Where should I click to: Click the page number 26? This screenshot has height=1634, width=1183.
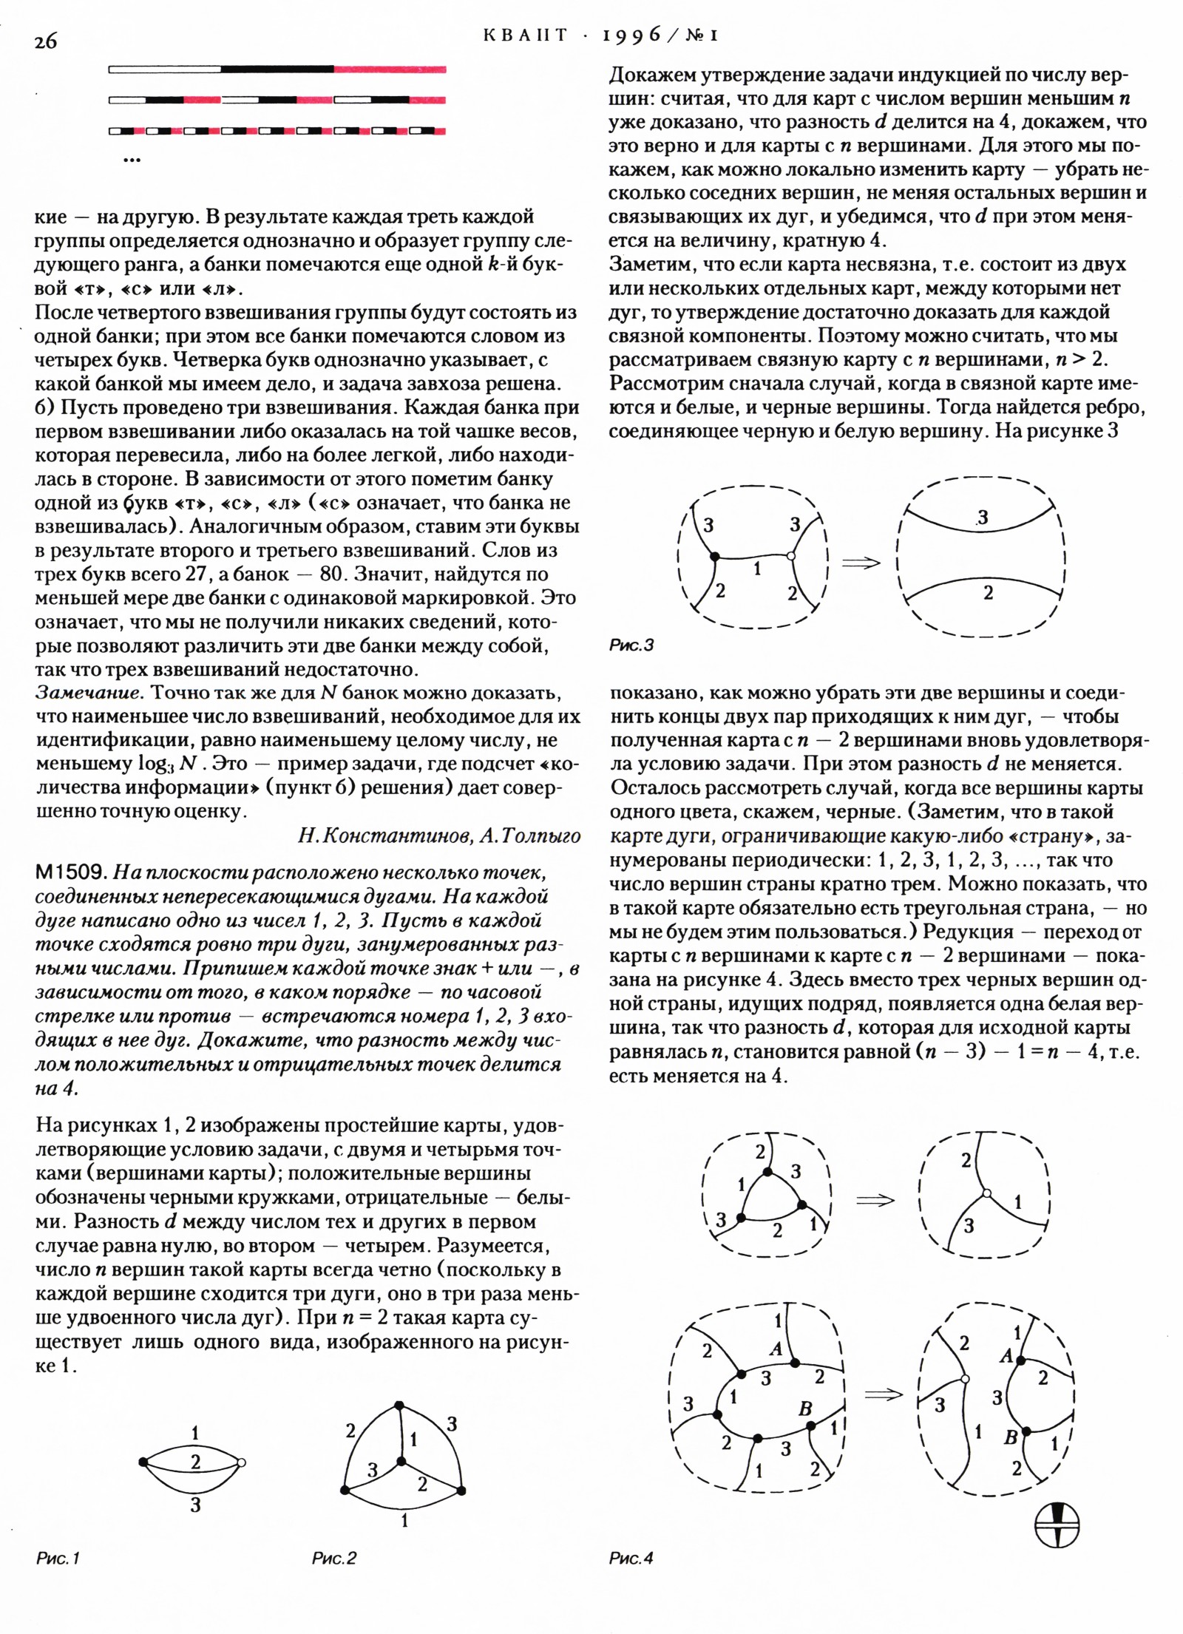pos(45,41)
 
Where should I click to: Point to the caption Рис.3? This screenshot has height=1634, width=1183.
pos(631,645)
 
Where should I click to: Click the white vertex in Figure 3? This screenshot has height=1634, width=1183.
pos(791,556)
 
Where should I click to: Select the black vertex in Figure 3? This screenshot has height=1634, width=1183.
pos(714,556)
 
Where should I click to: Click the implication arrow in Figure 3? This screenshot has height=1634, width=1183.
pos(862,563)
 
